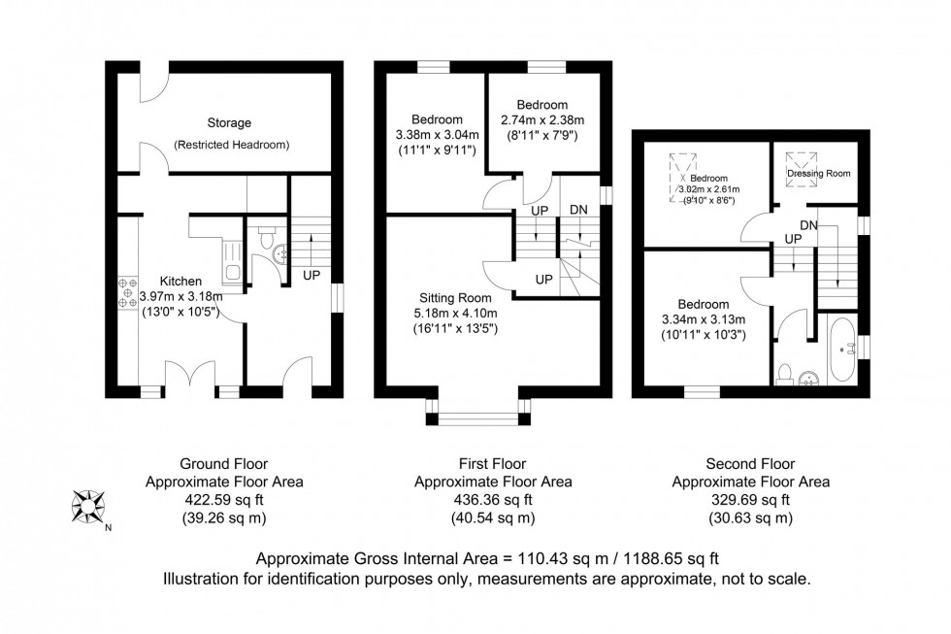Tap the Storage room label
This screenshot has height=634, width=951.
pyautogui.click(x=229, y=123)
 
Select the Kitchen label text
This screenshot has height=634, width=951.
pyautogui.click(x=181, y=281)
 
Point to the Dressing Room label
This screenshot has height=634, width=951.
pyautogui.click(x=817, y=174)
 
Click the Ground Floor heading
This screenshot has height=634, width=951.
pyautogui.click(x=224, y=464)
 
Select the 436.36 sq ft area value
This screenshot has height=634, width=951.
pyautogui.click(x=493, y=500)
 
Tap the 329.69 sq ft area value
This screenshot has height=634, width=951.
pyautogui.click(x=750, y=500)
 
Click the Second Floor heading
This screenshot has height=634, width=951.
pyautogui.click(x=750, y=464)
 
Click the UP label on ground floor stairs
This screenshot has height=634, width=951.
pyautogui.click(x=312, y=276)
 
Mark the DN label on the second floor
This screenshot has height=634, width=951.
pyautogui.click(x=808, y=225)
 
